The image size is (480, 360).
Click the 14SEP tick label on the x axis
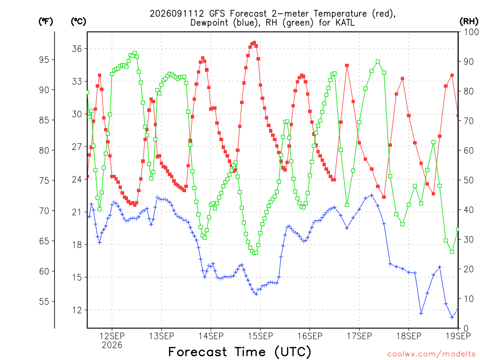tap(211, 336)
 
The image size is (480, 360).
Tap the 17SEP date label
tap(360, 336)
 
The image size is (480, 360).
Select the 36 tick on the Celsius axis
tap(77, 49)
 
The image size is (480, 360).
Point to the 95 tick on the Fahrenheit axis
tap(44, 60)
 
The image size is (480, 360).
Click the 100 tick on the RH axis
tap(472, 32)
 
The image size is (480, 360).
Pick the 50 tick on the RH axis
tap(469, 180)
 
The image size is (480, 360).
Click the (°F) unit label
tap(45, 22)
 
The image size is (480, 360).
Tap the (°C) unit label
tap(78, 22)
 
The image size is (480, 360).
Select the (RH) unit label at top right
tap(469, 21)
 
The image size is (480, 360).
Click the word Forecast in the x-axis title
tap(198, 352)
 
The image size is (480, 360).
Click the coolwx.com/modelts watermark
tap(431, 354)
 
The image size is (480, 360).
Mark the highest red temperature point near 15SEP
tap(254, 43)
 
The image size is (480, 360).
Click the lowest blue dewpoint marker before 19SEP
tap(452, 317)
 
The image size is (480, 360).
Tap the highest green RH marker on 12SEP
tap(135, 53)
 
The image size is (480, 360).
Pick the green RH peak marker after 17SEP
tap(378, 61)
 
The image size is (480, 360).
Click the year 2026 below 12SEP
tap(112, 345)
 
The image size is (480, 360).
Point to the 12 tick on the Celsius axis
tap(77, 310)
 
